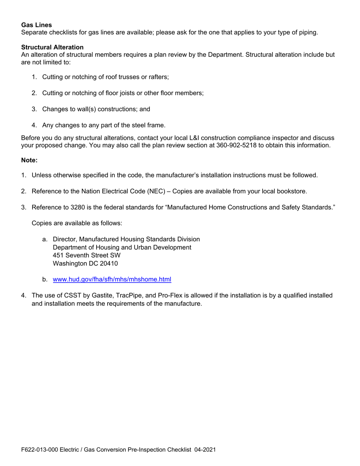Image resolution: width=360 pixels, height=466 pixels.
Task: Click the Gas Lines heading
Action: click(x=36, y=25)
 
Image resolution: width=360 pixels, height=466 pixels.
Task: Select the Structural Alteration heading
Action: click(x=52, y=47)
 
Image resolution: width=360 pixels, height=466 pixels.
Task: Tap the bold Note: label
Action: click(x=29, y=160)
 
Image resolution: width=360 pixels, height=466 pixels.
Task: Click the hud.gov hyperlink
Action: click(x=112, y=280)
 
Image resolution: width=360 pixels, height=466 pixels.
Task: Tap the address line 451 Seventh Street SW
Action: click(x=87, y=255)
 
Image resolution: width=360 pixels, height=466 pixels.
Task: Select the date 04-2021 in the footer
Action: click(x=205, y=450)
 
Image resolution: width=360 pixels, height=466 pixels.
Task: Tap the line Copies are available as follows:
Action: click(x=77, y=223)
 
